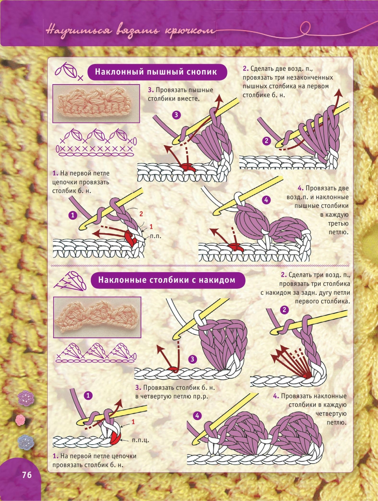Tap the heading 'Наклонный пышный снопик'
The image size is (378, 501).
(156, 72)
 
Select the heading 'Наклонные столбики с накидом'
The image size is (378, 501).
(167, 280)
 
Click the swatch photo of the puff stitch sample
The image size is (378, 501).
(96, 103)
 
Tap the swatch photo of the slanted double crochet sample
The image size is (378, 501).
(97, 317)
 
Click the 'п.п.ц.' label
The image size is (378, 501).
(140, 440)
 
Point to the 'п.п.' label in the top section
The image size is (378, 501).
(156, 236)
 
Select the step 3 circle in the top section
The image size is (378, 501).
(176, 115)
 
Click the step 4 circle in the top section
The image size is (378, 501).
(266, 200)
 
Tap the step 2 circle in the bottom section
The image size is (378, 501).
(284, 310)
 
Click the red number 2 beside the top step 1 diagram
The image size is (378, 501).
(141, 214)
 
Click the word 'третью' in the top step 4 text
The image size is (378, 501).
(338, 223)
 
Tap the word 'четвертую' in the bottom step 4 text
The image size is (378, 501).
(331, 414)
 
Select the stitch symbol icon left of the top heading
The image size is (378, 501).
(68, 71)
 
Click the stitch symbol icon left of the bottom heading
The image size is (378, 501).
(70, 281)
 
